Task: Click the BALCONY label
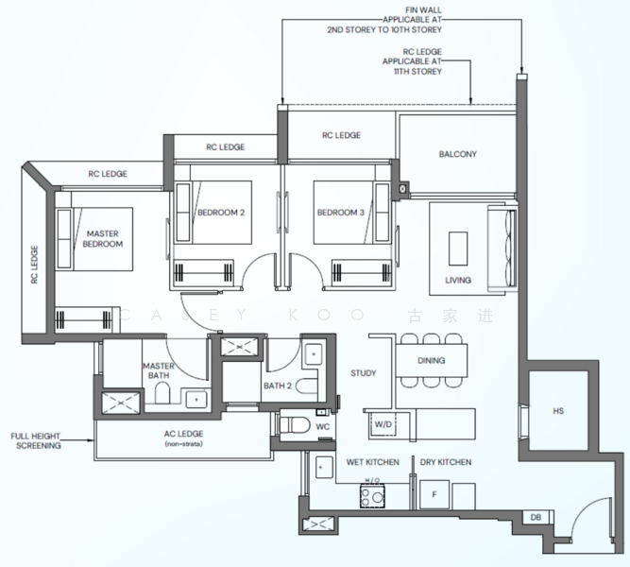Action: (x=458, y=154)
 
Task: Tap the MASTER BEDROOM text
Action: (x=102, y=238)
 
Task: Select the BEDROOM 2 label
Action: (x=221, y=213)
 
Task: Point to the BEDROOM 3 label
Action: (x=341, y=213)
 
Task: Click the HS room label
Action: (x=558, y=411)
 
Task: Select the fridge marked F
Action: (x=434, y=494)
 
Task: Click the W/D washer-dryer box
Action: (x=383, y=424)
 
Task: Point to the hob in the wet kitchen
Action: (x=372, y=496)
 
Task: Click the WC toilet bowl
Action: (x=295, y=424)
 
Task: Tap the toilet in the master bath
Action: (x=162, y=393)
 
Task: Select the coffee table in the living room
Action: (x=458, y=249)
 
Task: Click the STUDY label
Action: (x=364, y=373)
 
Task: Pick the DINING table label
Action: (x=431, y=360)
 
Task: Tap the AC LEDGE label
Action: (x=183, y=434)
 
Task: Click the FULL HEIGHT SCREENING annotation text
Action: (x=36, y=440)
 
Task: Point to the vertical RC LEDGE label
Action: (x=34, y=265)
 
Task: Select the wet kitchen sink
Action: (x=324, y=467)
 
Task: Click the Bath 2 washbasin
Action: (x=314, y=354)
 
